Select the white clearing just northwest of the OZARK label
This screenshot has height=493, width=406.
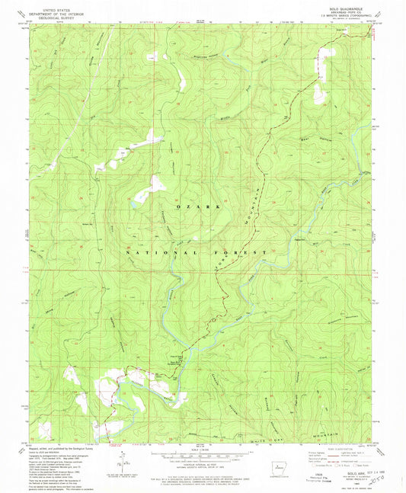coord(155,184)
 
